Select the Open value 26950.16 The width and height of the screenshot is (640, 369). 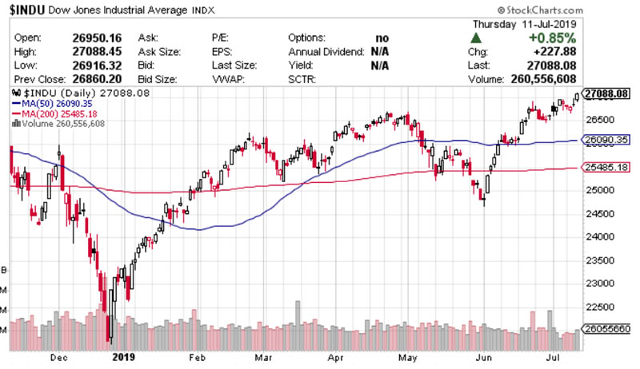pos(98,38)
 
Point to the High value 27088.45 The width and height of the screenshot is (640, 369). pos(98,52)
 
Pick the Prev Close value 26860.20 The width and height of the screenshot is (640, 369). pos(98,80)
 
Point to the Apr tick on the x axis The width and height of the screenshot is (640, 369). pos(336,358)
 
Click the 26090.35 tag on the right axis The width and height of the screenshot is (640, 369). pos(608,140)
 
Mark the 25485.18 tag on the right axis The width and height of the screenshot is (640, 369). pos(608,168)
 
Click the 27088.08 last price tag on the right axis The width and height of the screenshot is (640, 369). pos(608,94)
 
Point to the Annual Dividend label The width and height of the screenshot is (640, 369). pos(327,52)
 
